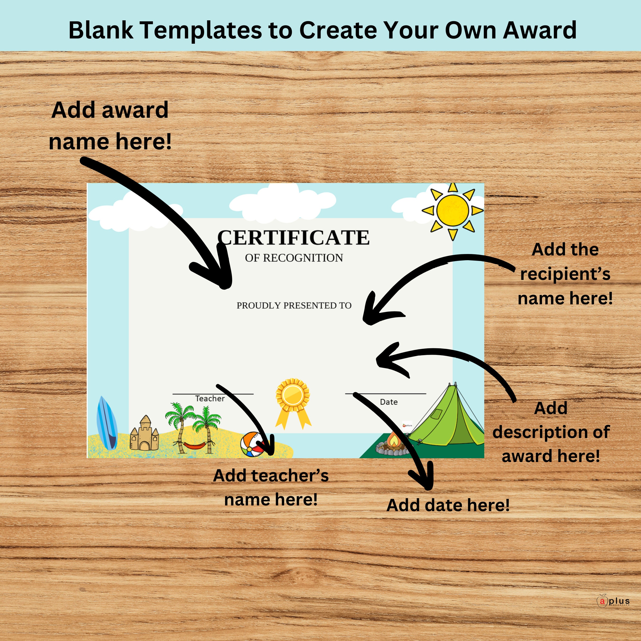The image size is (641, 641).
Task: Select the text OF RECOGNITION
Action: [x=294, y=258]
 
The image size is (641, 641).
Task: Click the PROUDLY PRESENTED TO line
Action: [x=294, y=305]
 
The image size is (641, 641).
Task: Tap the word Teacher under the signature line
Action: [x=210, y=398]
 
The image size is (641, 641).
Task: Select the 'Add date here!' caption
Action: [x=448, y=505]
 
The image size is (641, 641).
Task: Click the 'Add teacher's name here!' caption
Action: [x=271, y=487]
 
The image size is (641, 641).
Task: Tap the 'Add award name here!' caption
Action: [x=110, y=125]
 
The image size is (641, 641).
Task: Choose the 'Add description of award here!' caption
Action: [x=551, y=432]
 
